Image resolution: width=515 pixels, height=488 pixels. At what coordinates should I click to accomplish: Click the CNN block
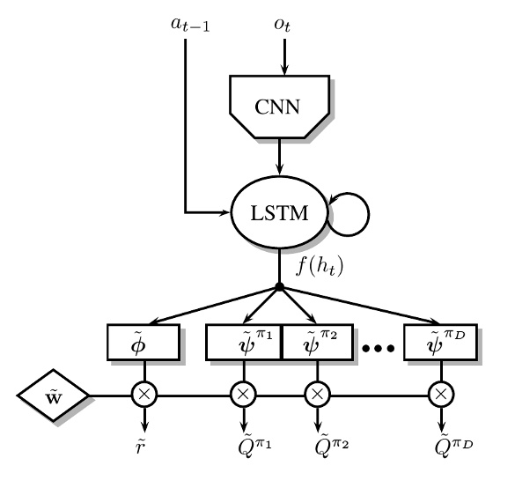(279, 107)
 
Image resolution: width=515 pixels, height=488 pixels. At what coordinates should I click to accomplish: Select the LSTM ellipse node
(279, 212)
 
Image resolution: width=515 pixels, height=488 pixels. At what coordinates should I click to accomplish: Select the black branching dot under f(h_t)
(279, 287)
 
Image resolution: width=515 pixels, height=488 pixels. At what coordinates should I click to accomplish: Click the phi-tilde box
(143, 342)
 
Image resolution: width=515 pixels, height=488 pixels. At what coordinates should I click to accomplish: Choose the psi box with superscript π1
(243, 342)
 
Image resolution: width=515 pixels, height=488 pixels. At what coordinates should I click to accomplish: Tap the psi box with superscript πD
(439, 342)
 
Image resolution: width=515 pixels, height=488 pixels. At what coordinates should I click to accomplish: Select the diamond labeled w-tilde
(54, 396)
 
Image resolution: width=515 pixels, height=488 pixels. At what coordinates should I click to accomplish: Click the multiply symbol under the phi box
(143, 396)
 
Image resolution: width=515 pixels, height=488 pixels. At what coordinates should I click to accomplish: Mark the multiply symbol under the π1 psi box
(243, 396)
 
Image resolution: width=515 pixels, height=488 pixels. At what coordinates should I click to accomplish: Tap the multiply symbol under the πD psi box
(439, 396)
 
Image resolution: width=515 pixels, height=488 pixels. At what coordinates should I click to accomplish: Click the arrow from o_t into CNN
(283, 57)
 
